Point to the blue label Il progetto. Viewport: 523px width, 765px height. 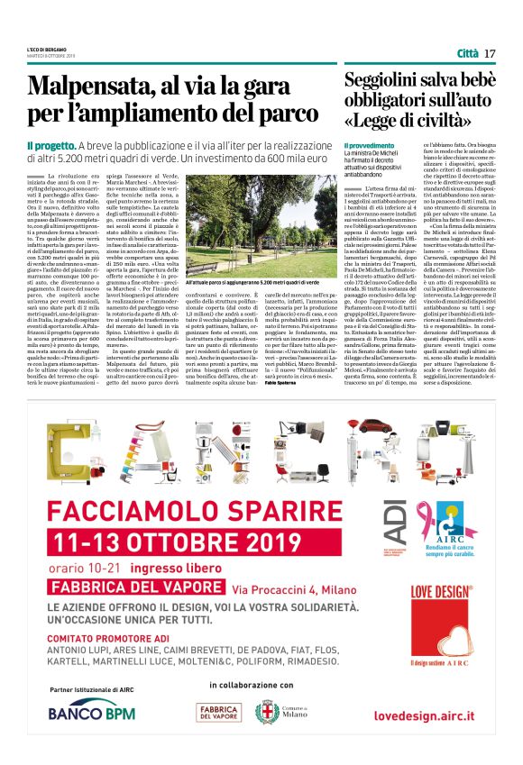tap(50, 145)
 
